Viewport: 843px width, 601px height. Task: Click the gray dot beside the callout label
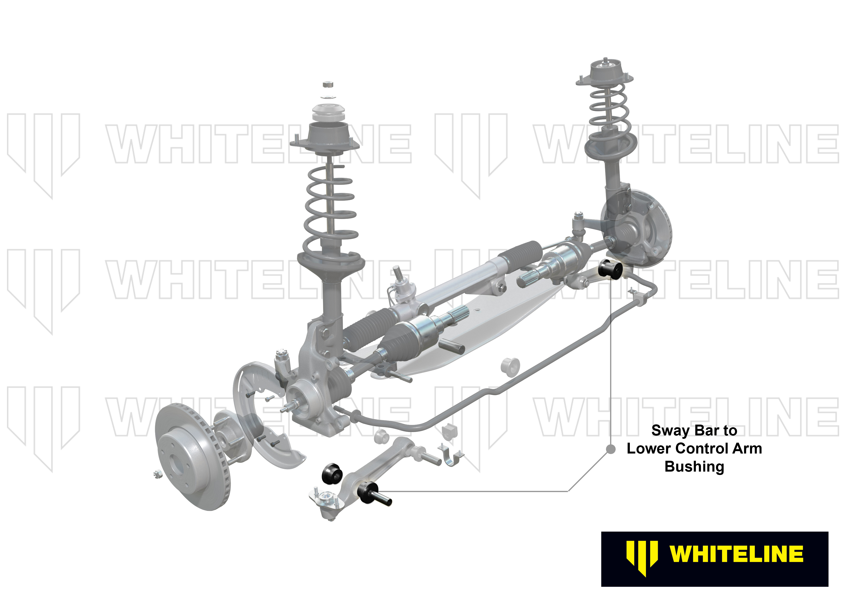coord(611,449)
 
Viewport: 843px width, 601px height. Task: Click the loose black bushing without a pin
coord(332,473)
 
